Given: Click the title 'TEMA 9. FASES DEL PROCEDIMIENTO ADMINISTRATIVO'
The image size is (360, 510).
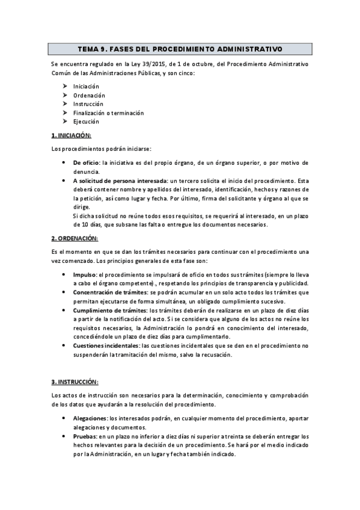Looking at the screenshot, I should (180, 48).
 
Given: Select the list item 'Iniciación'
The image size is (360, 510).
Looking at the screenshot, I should (86, 87).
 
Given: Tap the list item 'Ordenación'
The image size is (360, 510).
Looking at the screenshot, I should (89, 95).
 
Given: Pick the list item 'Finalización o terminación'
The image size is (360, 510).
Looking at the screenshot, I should (108, 112).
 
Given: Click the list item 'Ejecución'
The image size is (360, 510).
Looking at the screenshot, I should (86, 121).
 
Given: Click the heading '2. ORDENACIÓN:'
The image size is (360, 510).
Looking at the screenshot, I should (73, 238).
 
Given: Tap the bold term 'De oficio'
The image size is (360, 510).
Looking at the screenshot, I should (86, 162).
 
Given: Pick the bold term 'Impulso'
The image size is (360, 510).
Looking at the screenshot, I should (84, 274).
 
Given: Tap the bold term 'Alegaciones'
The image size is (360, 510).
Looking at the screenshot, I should (90, 418).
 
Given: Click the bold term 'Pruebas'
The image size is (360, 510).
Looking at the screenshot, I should (85, 436).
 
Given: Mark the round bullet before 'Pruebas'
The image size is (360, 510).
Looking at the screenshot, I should (64, 436).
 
